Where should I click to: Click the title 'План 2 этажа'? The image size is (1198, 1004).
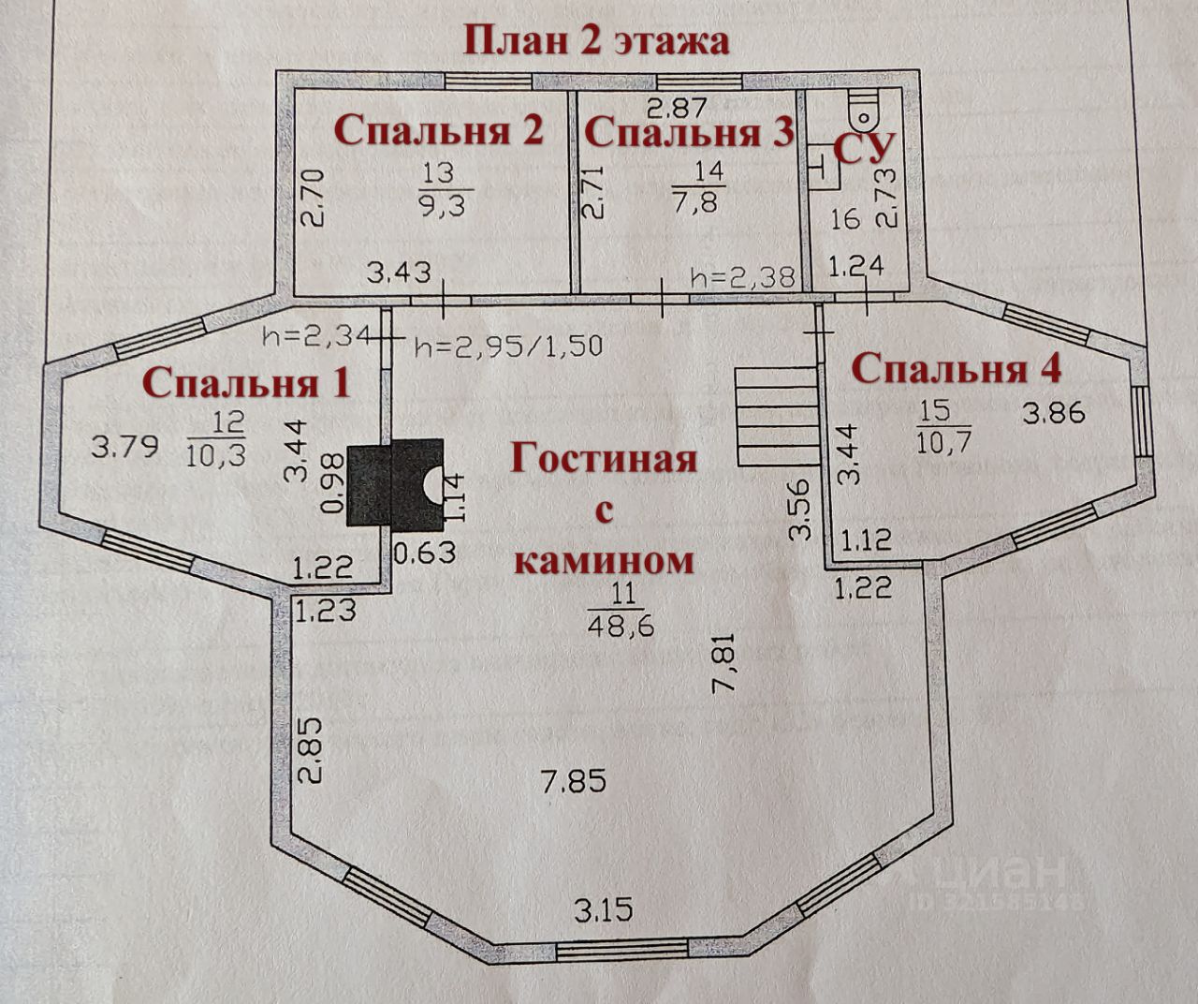tap(596, 42)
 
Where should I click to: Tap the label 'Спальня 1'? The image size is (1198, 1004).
tap(247, 382)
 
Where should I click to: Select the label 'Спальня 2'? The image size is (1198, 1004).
tap(438, 130)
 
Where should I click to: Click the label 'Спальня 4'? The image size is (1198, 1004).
tap(957, 368)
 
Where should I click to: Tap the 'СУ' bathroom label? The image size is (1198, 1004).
tap(865, 149)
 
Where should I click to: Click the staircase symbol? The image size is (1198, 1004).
tap(775, 417)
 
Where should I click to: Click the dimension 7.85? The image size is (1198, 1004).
tap(575, 780)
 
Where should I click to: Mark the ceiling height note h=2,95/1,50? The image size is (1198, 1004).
tap(507, 346)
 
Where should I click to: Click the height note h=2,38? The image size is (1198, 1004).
tap(742, 277)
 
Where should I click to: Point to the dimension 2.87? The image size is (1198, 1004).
tap(680, 107)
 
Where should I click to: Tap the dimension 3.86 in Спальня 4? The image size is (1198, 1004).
tap(1053, 412)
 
